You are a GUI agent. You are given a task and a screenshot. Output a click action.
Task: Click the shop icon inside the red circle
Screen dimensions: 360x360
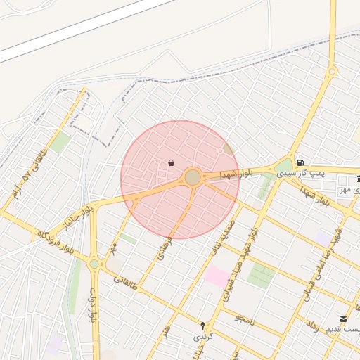click(171, 163)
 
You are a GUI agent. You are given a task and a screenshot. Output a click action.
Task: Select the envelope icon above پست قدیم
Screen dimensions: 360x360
click(343, 319)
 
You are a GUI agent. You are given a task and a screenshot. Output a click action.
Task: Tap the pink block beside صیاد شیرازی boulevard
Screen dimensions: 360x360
click(216, 276)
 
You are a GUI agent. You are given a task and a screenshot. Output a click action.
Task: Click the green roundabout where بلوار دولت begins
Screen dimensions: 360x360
click(94, 264)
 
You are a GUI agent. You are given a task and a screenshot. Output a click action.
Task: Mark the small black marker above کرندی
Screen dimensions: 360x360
click(203, 326)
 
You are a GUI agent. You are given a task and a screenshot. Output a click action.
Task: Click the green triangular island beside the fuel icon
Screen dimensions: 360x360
click(284, 166)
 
